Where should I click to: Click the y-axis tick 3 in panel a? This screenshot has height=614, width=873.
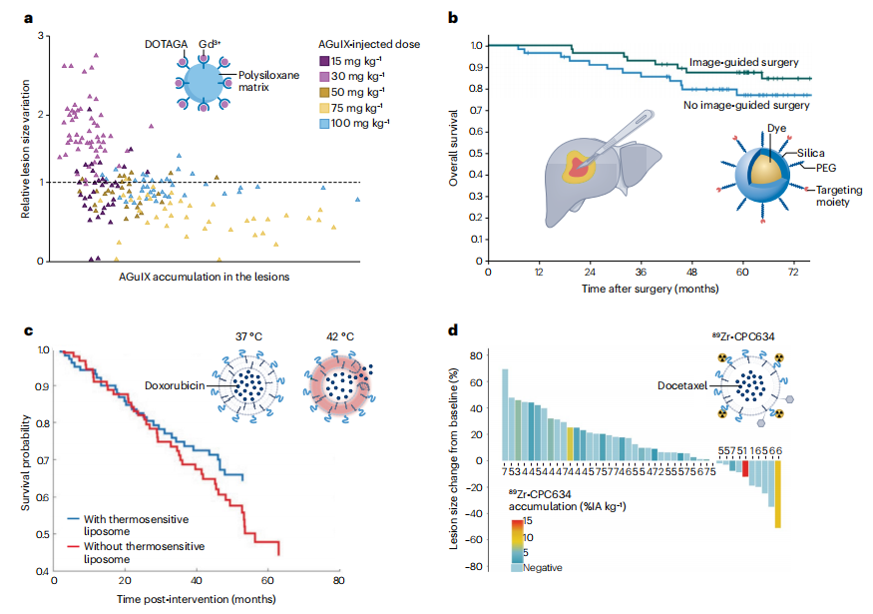40,37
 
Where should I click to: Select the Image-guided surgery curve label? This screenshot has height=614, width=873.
744,63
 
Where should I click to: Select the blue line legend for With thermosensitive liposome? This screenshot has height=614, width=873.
74,519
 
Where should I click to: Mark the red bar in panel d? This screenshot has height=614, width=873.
744,474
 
